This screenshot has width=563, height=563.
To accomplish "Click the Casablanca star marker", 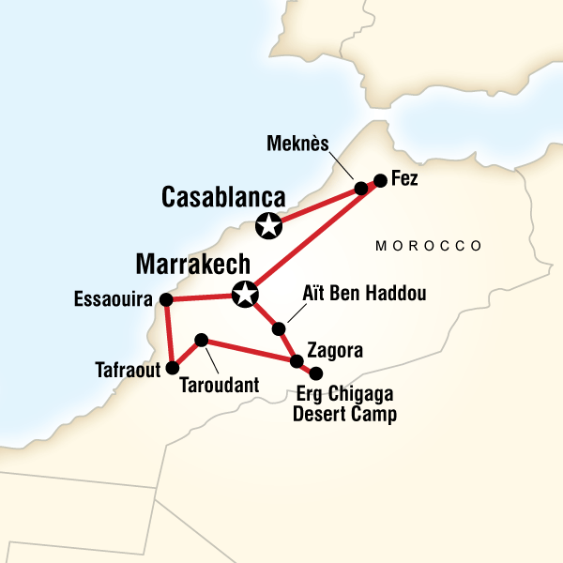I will tap(269, 225).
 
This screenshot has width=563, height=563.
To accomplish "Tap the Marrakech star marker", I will tap(245, 294).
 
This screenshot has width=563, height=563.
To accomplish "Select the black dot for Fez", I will tap(380, 180).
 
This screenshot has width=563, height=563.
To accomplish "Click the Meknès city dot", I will tap(361, 189).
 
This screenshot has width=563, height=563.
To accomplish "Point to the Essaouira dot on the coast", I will tap(166, 299).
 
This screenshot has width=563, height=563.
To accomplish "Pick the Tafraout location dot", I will tap(172, 367).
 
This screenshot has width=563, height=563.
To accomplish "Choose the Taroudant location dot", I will tap(200, 339).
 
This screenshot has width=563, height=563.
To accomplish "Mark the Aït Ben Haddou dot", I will tap(278, 328).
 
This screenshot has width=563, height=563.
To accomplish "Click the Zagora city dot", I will tap(297, 361).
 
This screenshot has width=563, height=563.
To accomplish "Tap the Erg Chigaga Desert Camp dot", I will tap(316, 373).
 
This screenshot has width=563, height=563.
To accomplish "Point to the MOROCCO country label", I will tap(429, 246).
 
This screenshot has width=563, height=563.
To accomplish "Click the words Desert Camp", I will tap(345, 414).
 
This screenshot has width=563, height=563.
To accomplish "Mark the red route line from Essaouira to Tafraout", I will tap(169, 333).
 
